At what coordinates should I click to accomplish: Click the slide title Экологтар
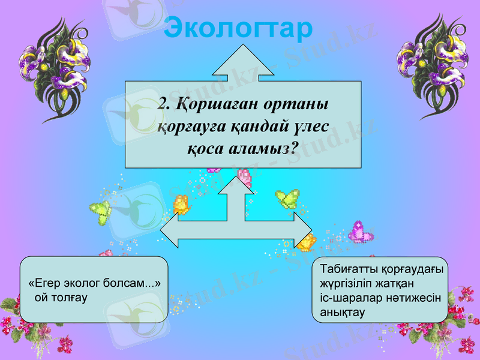click(x=239, y=27)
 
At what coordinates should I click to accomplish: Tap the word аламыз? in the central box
click(x=265, y=149)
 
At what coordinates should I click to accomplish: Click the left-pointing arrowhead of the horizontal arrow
click(x=169, y=231)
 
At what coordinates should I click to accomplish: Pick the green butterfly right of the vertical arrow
click(x=287, y=198)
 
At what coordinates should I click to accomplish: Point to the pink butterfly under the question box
click(x=245, y=176)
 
